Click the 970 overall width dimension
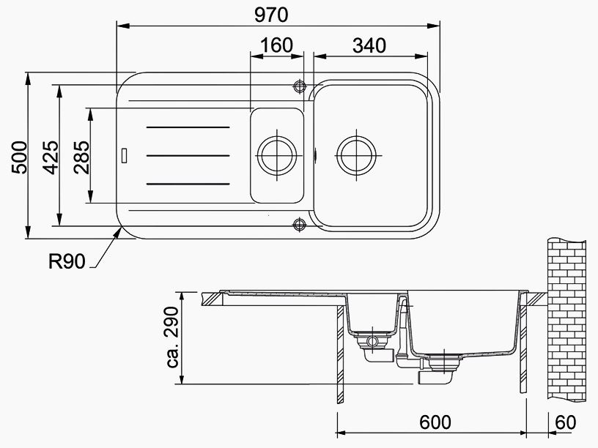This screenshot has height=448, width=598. pos(271,15)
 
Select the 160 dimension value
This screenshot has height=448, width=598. pos(276,45)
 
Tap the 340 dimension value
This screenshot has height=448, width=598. pos(369,45)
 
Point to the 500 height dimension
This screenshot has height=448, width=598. pos(20,157)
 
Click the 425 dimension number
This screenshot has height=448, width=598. pos(51,157)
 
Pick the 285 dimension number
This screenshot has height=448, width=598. pos(81,157)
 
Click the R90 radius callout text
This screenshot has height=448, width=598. pos(67,262)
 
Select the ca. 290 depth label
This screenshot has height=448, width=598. pos(172,337)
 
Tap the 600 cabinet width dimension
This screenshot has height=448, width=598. pos(435,422)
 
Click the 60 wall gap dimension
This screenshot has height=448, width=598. pos(566,422)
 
